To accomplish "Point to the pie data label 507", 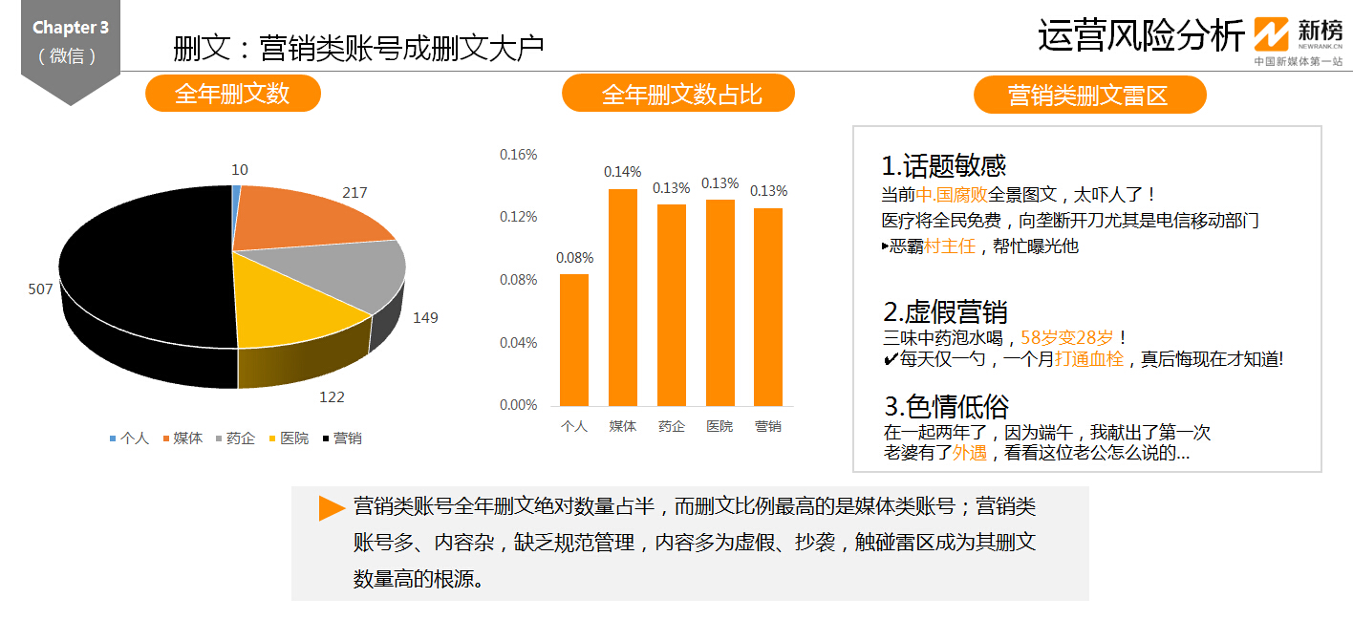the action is tap(40, 289).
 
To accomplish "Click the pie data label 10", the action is tap(240, 170).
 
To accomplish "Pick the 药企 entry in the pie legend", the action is tap(236, 438).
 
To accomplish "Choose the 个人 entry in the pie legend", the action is tap(129, 438).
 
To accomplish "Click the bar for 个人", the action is tap(574, 340).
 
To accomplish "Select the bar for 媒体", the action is tap(623, 297).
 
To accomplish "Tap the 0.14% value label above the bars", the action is tap(623, 172).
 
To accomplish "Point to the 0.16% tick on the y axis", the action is tap(518, 155).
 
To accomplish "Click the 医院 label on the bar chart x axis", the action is tap(719, 426).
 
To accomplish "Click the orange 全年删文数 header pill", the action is tap(232, 94).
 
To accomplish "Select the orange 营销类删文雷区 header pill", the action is tap(1089, 95).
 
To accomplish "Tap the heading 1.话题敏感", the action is tap(944, 166).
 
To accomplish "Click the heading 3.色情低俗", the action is tap(947, 406).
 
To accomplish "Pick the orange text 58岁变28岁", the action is tap(1066, 337).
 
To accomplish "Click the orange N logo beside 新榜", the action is tap(1271, 33).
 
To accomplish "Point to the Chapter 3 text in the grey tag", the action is tap(71, 27).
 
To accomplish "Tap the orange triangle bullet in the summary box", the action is tap(332, 507).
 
